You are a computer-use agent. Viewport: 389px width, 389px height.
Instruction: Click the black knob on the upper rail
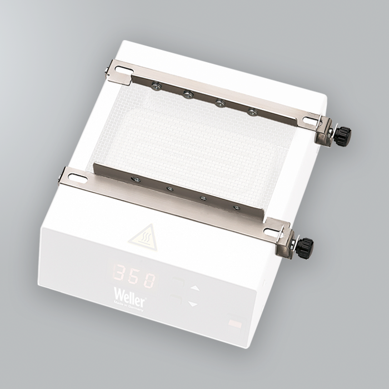tap(343, 134)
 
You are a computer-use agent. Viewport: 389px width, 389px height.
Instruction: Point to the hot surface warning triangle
tap(143, 237)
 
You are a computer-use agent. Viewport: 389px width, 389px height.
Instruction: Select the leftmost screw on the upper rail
tap(157, 85)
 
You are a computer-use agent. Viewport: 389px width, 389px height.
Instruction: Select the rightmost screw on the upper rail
tap(253, 112)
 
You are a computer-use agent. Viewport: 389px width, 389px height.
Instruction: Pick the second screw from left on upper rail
tap(188, 93)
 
